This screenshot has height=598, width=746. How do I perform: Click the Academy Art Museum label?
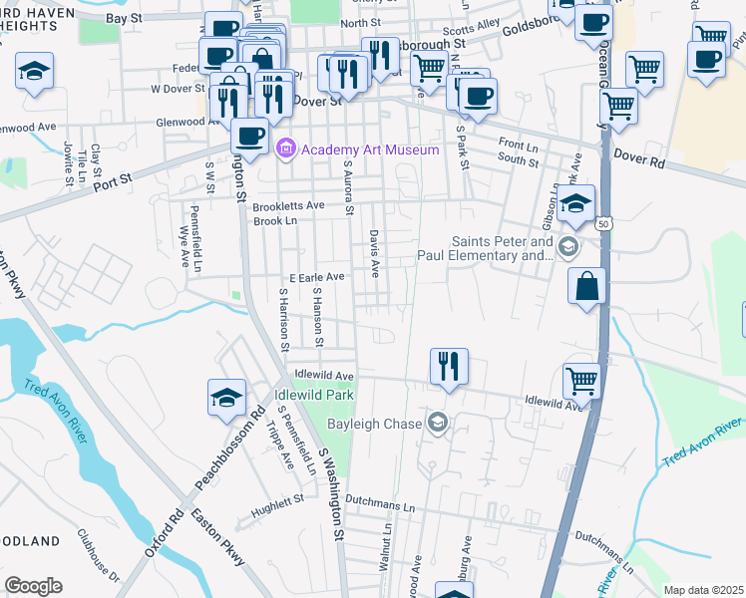[370, 149]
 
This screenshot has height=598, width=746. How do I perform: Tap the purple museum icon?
[287, 149]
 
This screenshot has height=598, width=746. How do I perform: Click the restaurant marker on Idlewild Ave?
[449, 367]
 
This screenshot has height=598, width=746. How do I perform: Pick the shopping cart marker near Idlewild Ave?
[581, 381]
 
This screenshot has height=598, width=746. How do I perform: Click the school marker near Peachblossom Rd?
[226, 399]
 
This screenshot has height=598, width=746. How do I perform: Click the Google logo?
[33, 586]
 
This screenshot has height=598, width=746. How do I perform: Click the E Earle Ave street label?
[316, 276]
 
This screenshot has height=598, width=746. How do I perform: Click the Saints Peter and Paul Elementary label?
[502, 248]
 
